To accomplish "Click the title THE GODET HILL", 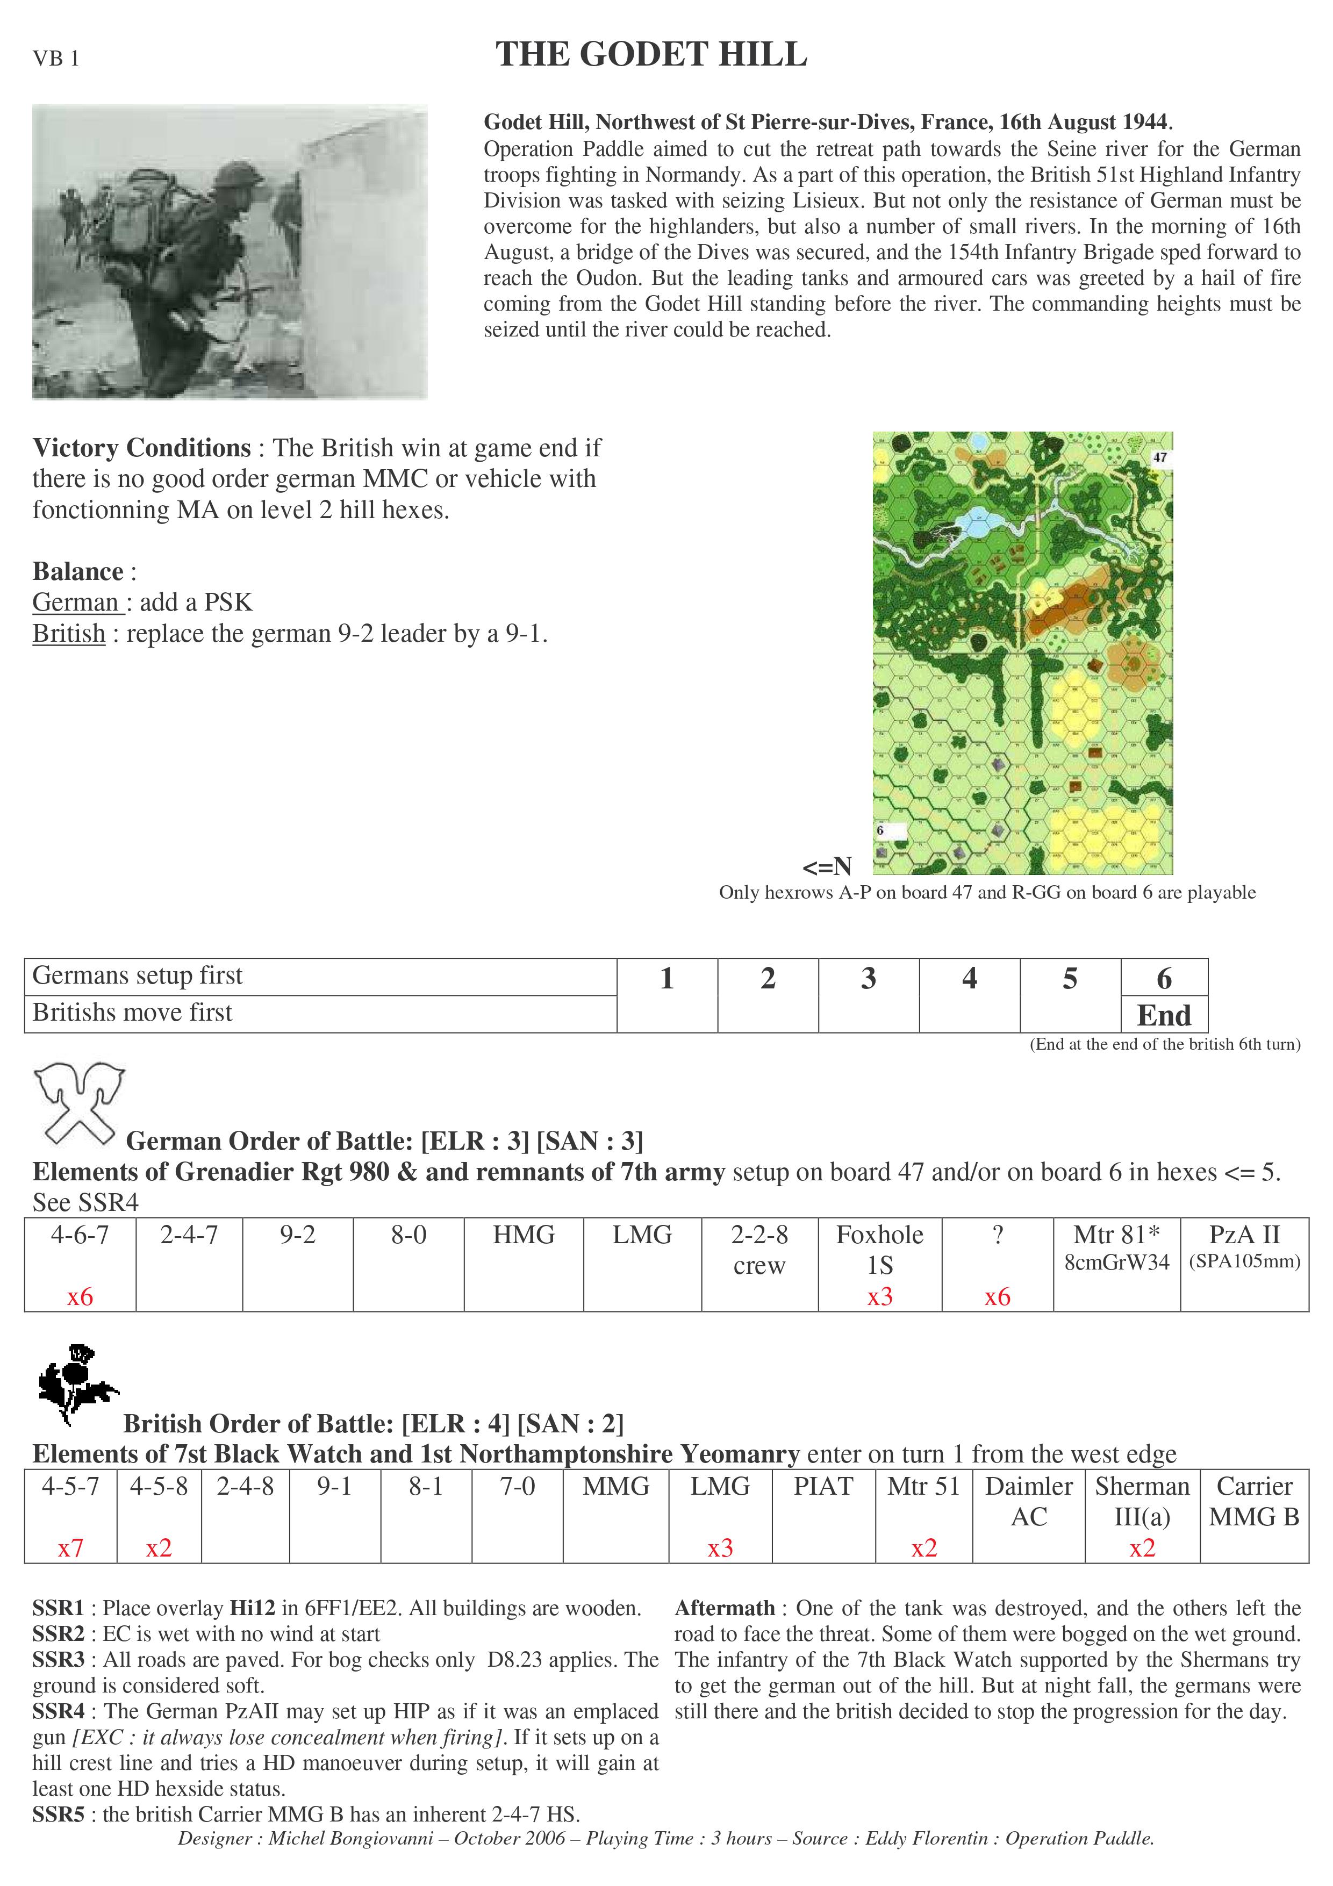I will pyautogui.click(x=651, y=55).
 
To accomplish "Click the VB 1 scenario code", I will pyautogui.click(x=56, y=59).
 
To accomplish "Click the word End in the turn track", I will pyautogui.click(x=1164, y=1015).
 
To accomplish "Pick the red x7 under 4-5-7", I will pyautogui.click(x=70, y=1548).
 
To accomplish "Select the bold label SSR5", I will pyautogui.click(x=58, y=1814).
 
